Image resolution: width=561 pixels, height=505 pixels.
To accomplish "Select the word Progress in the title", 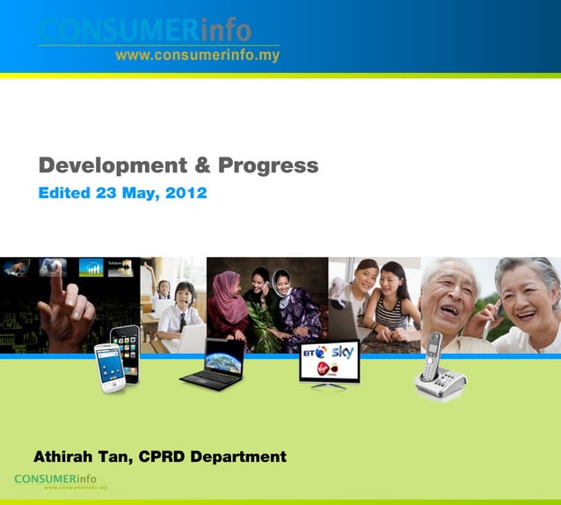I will [268, 165].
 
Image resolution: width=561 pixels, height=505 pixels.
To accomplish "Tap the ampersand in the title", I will [201, 165].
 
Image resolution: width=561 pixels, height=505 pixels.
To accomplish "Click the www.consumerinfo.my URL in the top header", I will [197, 55].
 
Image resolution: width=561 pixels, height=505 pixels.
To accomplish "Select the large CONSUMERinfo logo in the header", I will [145, 31].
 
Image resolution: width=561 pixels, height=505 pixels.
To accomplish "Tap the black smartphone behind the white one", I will [126, 347].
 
